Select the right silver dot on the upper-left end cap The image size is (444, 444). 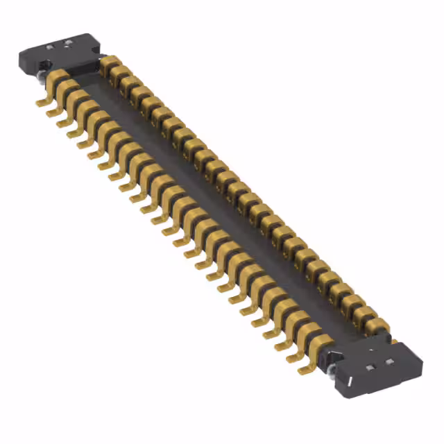pyautogui.click(x=68, y=42)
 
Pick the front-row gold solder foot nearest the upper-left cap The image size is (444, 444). pyautogui.click(x=43, y=101)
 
